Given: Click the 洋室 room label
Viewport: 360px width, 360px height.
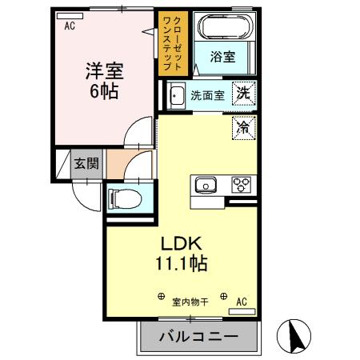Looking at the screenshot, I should pos(102,71).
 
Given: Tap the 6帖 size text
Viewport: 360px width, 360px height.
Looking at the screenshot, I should pos(102,91).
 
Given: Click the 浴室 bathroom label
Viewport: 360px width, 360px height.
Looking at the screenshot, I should pos(222,58).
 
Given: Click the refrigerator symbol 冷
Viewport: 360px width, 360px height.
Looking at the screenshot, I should pos(243,126).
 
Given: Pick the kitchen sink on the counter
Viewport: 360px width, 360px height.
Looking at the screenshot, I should pos(206,186).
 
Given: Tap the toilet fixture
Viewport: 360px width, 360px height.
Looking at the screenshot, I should pos(125,197).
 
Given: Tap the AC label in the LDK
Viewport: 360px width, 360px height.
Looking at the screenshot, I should pos(242,302).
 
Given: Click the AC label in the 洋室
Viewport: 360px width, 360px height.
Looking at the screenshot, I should pos(70,26).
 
